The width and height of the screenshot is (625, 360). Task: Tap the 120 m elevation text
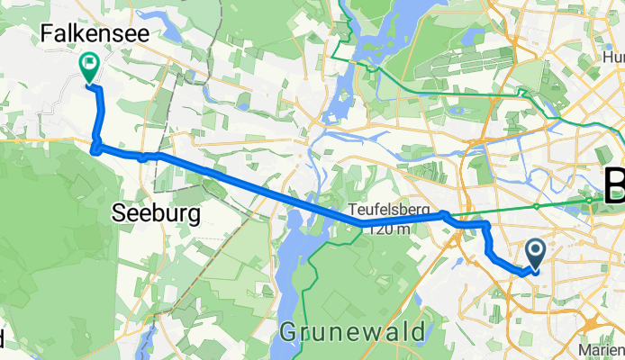tap(388, 229)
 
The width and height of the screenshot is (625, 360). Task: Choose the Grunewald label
tap(353, 332)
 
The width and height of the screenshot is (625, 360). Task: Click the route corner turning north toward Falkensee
tap(95, 148)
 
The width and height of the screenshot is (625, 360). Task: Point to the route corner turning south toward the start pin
tap(486, 222)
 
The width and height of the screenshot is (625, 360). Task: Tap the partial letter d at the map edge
tap(3, 338)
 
